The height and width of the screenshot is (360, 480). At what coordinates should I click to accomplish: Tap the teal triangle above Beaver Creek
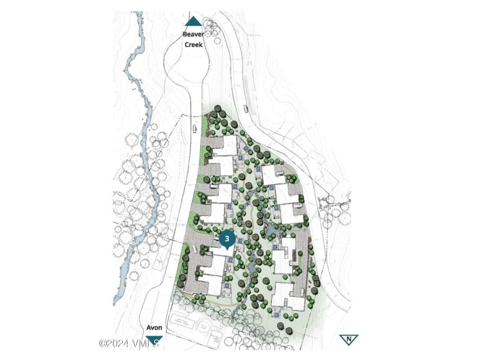pyautogui.click(x=193, y=22)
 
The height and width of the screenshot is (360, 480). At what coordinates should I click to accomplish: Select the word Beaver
pyautogui.click(x=193, y=34)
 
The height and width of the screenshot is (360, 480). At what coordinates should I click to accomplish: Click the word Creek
pyautogui.click(x=193, y=44)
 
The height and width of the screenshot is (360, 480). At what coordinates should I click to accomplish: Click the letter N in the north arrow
pyautogui.click(x=346, y=340)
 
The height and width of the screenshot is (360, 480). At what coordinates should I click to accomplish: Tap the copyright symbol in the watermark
pyautogui.click(x=103, y=343)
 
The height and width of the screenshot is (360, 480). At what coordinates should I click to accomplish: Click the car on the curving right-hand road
pyautogui.click(x=245, y=109)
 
